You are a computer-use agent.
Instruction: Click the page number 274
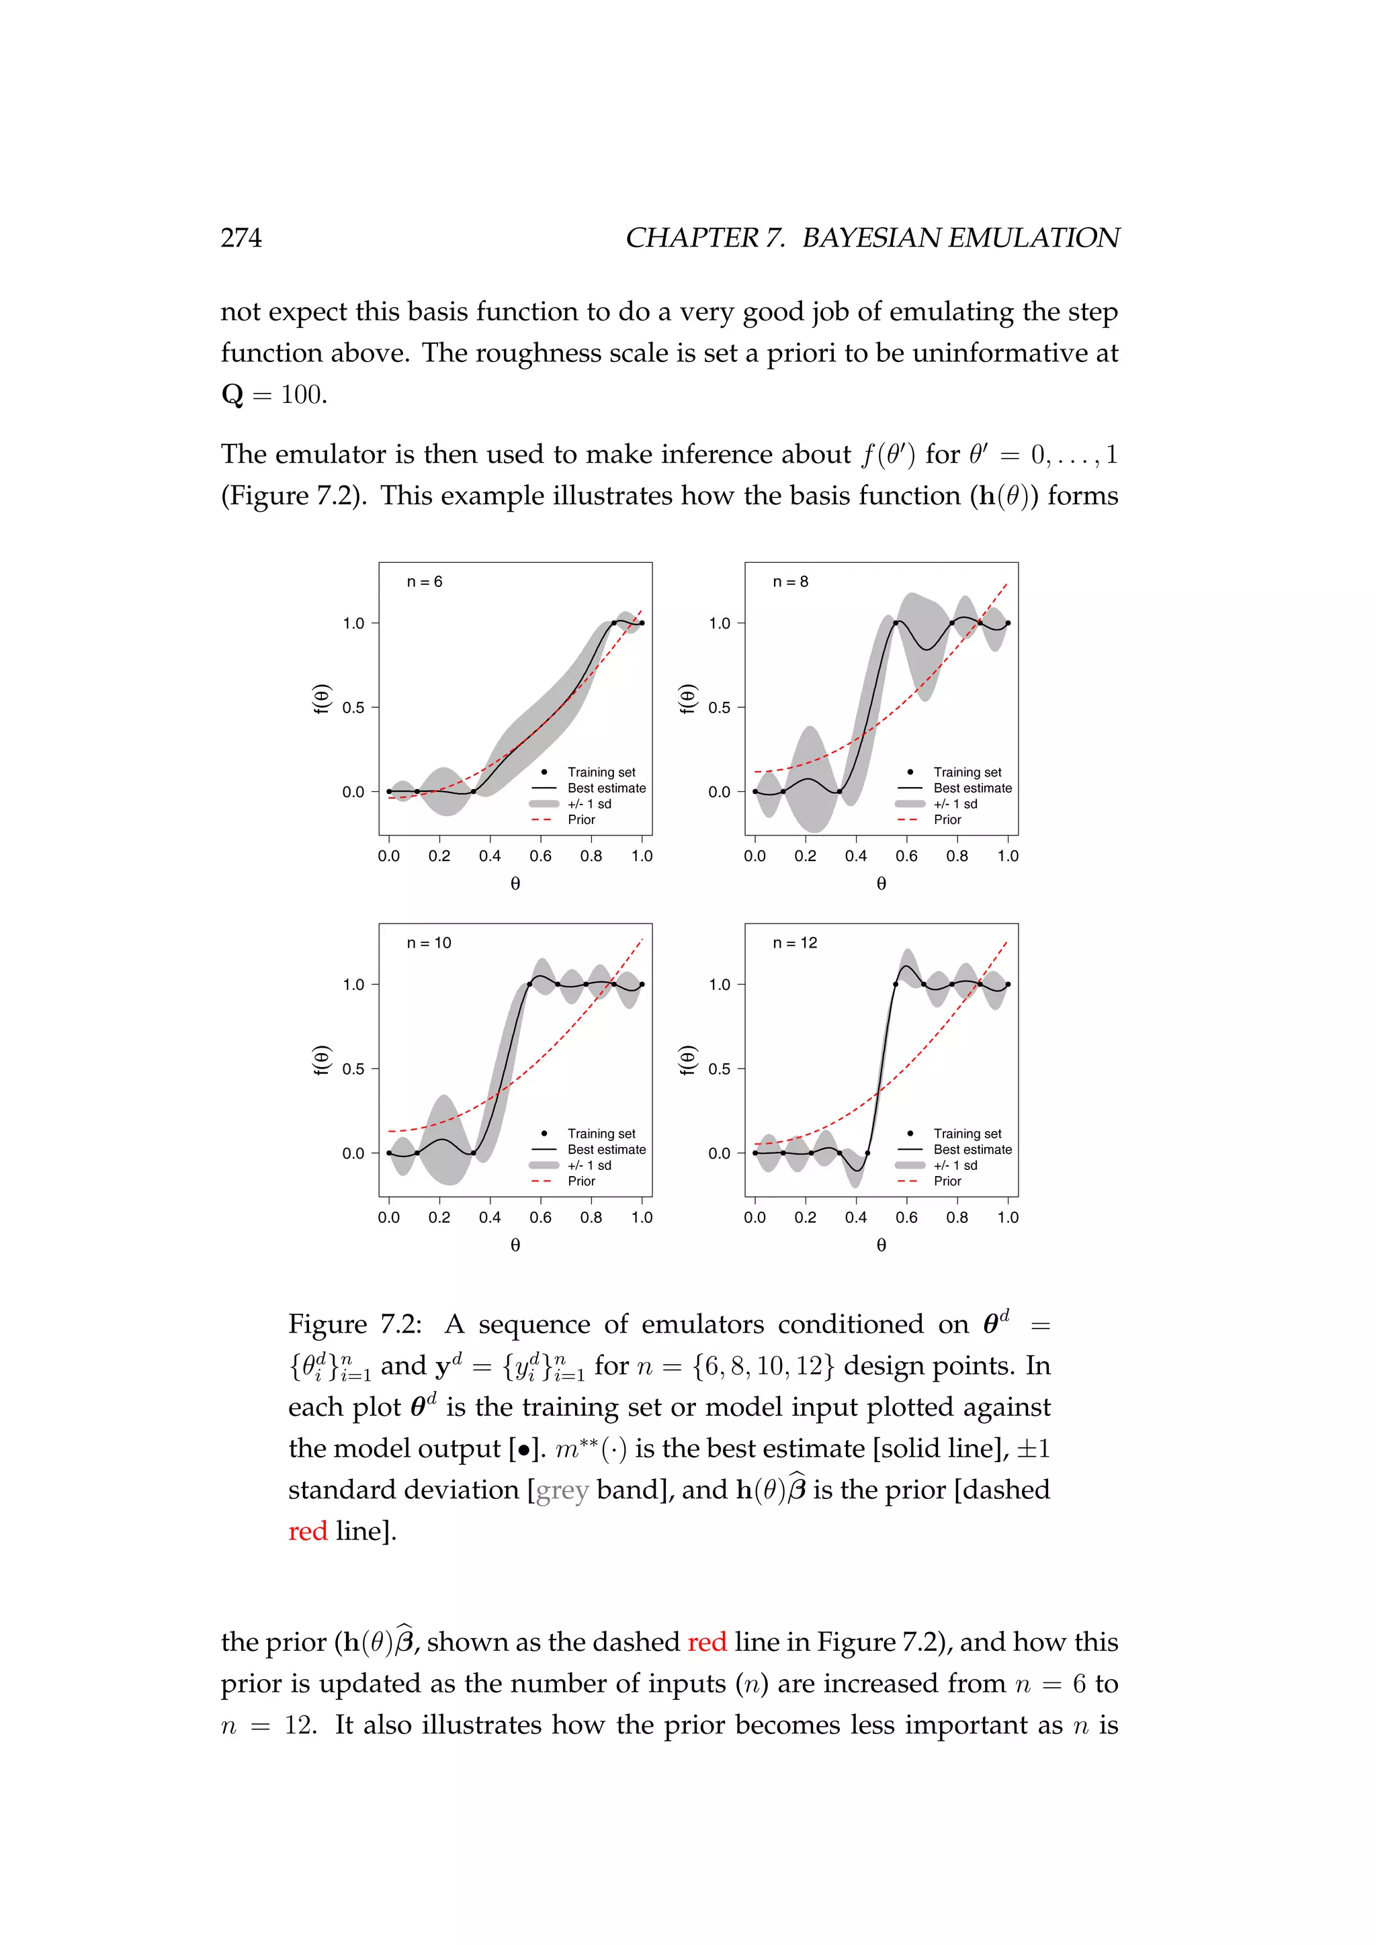(241, 238)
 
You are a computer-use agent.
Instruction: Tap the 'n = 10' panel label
(429, 943)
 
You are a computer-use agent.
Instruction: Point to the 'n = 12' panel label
(795, 943)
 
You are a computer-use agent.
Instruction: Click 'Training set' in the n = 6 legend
(601, 772)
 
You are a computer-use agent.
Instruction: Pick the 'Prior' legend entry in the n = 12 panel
(947, 1181)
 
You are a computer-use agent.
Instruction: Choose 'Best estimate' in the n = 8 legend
(973, 788)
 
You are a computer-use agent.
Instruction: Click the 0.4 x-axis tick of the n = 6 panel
(490, 856)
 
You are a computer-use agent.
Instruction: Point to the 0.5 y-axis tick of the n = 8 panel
(720, 707)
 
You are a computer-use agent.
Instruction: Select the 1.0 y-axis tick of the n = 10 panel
(353, 985)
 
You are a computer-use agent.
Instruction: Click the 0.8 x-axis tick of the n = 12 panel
(957, 1218)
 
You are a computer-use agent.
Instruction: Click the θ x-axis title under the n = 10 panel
(515, 1245)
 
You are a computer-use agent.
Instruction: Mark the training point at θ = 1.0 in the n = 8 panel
(1007, 623)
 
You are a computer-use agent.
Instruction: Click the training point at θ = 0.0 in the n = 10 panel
(389, 1153)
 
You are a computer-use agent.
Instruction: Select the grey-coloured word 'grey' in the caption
(562, 1490)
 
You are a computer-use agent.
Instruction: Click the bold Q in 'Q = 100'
(232, 395)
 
